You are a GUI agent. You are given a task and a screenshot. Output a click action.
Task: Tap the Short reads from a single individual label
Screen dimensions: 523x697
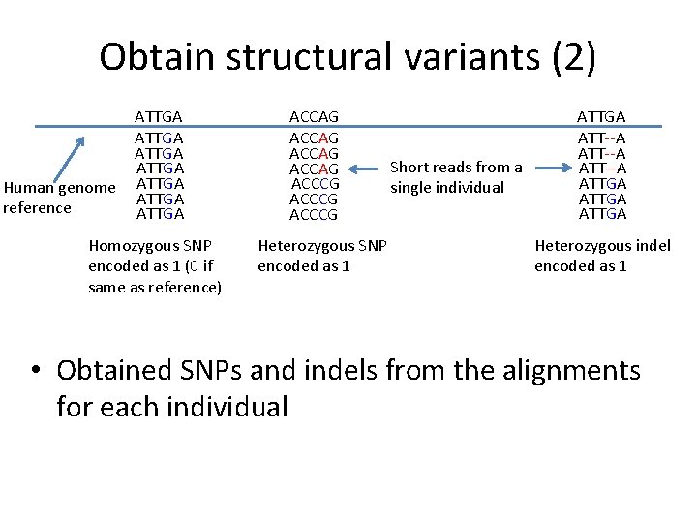456,177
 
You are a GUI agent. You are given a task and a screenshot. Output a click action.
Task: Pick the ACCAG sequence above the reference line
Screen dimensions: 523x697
314,117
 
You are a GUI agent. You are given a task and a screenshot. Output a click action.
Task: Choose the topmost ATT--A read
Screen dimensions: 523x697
601,138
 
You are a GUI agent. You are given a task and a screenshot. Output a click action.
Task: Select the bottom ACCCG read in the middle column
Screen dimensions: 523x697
314,214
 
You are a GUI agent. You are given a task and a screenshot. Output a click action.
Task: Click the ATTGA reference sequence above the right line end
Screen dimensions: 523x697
601,117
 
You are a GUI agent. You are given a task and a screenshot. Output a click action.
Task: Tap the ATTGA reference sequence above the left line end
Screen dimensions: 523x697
160,117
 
